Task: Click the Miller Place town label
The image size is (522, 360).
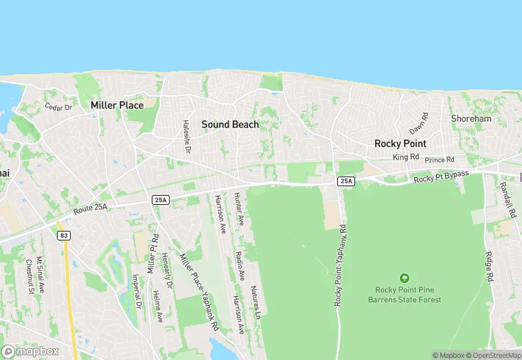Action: pyautogui.click(x=117, y=105)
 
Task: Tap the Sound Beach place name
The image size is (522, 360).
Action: pyautogui.click(x=230, y=124)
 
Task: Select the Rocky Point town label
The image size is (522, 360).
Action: pyautogui.click(x=400, y=144)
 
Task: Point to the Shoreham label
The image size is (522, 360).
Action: pyautogui.click(x=471, y=119)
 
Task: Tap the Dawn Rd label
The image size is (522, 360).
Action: pyautogui.click(x=419, y=124)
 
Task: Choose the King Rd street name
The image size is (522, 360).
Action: pyautogui.click(x=405, y=157)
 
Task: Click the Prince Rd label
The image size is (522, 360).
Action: pyautogui.click(x=440, y=160)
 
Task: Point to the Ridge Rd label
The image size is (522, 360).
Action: pyautogui.click(x=490, y=267)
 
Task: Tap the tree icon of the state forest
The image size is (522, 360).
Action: pyautogui.click(x=405, y=278)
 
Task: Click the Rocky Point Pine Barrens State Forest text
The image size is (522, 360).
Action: pyautogui.click(x=405, y=294)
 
